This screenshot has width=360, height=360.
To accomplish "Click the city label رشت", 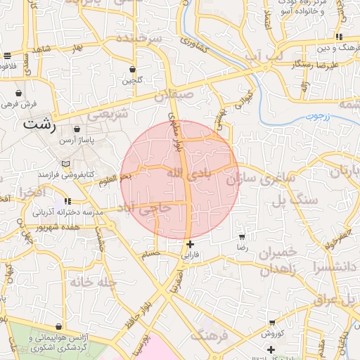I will tap(39, 126).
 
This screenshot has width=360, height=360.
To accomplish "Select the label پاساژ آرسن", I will tap(96, 141).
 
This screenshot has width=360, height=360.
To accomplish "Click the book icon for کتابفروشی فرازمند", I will tap(65, 164).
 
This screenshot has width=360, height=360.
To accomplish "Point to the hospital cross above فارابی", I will tap(190, 244).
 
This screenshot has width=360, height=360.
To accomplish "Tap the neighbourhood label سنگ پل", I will tap(298, 200).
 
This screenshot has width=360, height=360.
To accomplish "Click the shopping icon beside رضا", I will tap(243, 237).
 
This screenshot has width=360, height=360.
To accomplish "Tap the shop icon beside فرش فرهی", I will tap(18, 93).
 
